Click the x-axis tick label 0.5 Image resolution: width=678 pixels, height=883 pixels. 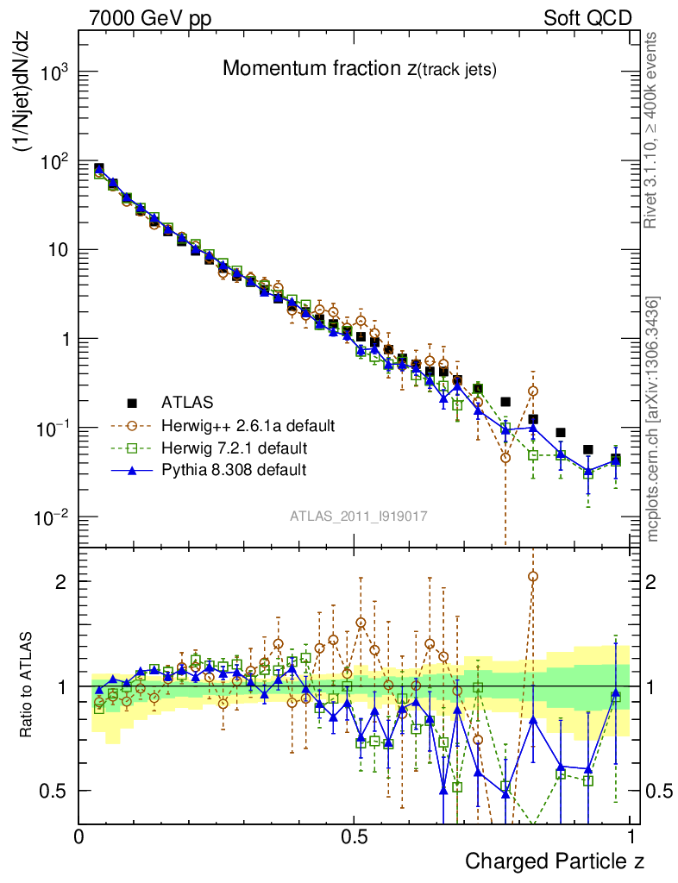[355, 836]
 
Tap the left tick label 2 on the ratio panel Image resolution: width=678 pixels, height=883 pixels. [63, 581]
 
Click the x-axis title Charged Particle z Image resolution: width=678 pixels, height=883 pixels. [555, 861]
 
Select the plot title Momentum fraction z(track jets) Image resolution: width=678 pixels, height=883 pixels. [360, 70]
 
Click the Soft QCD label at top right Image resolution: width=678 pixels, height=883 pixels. [587, 17]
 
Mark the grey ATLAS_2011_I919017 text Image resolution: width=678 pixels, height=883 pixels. [359, 517]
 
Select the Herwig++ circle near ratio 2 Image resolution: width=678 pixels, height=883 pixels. [533, 577]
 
